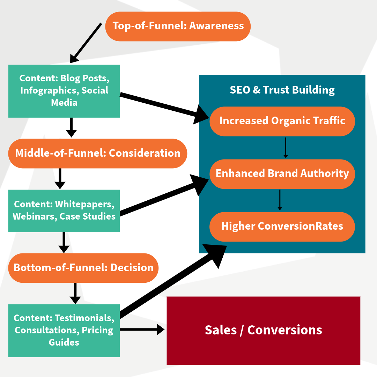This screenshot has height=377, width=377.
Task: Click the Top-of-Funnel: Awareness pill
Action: (178, 26)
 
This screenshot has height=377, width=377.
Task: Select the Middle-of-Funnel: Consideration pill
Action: (98, 153)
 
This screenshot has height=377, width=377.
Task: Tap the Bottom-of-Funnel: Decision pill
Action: (83, 268)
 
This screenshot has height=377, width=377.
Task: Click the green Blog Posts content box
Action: (64, 91)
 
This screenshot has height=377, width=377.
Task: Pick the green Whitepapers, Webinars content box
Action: (64, 210)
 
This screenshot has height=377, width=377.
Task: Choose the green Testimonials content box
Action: (64, 330)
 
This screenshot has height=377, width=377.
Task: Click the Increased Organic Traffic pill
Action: (282, 121)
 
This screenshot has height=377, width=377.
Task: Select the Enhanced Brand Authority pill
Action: (282, 174)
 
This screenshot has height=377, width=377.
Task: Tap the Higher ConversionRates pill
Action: (282, 226)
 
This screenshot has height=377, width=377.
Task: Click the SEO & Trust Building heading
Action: (282, 90)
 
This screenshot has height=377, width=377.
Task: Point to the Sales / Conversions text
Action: (263, 330)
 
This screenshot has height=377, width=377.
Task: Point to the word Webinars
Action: (34, 216)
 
